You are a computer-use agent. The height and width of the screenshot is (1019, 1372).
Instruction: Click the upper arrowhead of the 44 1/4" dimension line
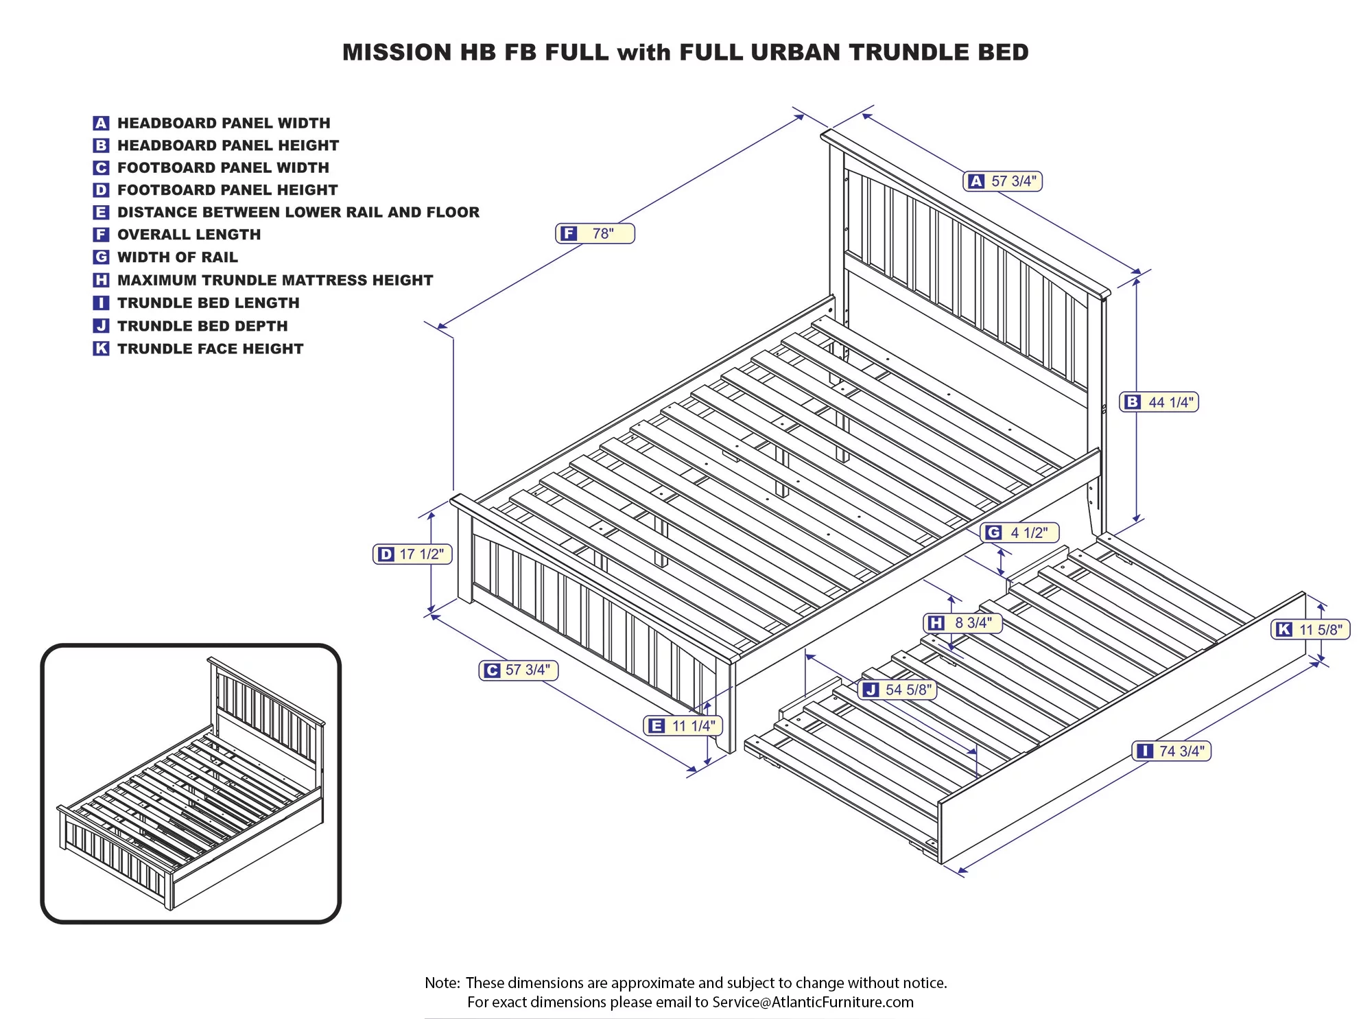coord(1137,281)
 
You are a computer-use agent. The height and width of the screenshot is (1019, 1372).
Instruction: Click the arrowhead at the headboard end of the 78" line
coord(799,117)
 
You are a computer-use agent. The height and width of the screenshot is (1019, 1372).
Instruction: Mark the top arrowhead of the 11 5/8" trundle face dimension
coord(1322,607)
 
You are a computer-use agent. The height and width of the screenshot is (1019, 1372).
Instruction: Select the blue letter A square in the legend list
coord(101,123)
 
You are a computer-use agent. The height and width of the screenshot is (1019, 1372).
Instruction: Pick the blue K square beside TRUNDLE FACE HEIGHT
coord(101,349)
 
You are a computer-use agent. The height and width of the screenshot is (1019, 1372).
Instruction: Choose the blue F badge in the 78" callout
coord(569,234)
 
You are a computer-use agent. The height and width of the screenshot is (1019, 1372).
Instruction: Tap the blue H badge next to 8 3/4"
coord(936,623)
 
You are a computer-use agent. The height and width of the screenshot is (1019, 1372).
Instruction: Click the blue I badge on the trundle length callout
coord(1144,751)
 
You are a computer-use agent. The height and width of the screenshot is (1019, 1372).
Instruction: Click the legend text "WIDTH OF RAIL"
coord(178,257)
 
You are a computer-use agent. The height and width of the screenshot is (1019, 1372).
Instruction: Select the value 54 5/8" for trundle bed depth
coord(909,690)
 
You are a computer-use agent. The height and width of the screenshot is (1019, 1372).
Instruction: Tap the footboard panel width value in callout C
coord(528,670)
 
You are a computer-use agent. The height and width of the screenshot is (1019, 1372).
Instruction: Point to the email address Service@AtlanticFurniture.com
coord(813,1002)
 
